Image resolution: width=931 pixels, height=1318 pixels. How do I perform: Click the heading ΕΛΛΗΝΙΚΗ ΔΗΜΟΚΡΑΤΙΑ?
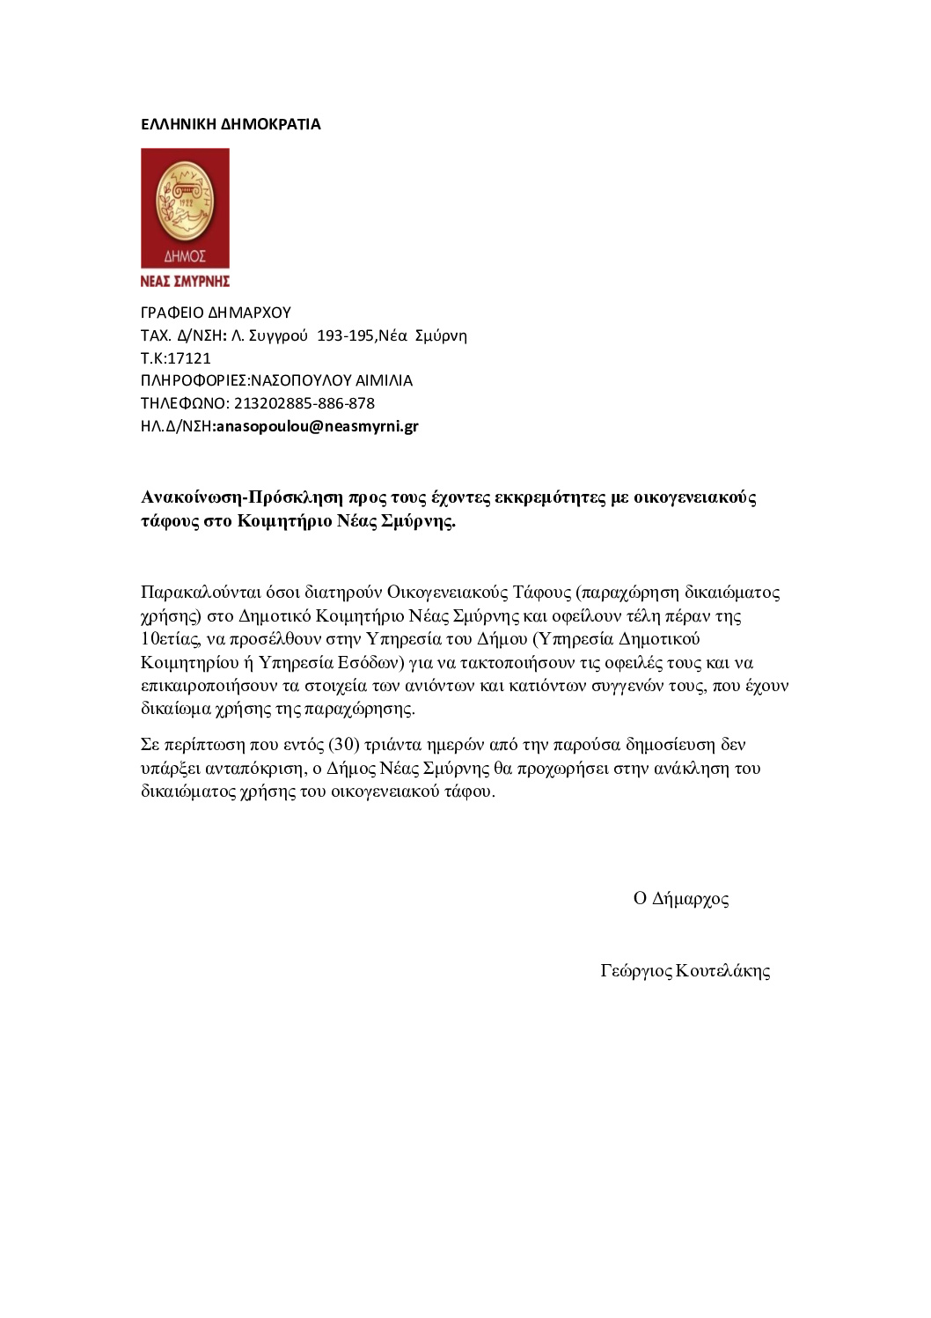[x=231, y=124]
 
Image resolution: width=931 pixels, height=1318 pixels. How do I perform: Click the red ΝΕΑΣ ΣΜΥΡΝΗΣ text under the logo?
[x=185, y=281]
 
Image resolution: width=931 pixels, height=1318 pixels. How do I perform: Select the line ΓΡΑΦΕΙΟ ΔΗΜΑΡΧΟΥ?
[x=216, y=313]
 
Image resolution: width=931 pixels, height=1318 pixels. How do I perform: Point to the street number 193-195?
[x=346, y=335]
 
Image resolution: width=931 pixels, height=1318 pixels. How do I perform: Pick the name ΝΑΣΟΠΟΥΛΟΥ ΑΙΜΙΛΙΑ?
[x=332, y=381]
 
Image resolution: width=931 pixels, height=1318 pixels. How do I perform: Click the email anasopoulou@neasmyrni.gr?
[x=317, y=426]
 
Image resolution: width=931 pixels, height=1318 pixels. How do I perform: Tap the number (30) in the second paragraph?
[x=344, y=745]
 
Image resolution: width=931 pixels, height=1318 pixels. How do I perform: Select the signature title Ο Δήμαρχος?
[x=681, y=899]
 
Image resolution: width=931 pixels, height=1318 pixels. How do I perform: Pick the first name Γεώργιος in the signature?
[x=636, y=971]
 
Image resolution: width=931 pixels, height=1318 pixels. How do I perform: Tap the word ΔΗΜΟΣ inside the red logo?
[x=185, y=256]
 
